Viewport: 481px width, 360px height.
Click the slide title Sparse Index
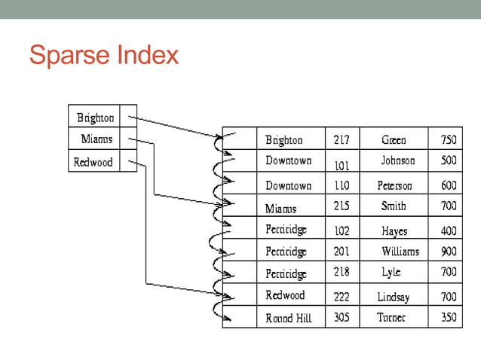(104, 55)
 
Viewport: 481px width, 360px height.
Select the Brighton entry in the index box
(96, 117)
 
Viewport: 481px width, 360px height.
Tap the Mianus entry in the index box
(97, 139)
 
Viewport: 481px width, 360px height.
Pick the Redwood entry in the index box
(93, 162)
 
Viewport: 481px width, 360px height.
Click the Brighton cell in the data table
(284, 140)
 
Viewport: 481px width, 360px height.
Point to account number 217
(342, 140)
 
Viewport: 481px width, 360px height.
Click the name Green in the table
(394, 140)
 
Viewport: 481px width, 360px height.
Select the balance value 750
(448, 140)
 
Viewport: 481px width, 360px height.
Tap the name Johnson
(397, 160)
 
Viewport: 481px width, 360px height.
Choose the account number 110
(342, 185)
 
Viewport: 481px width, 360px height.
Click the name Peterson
(394, 185)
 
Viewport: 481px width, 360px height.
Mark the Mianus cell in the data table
(281, 208)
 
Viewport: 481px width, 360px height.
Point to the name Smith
(394, 206)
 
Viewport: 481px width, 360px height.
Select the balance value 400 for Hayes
(448, 231)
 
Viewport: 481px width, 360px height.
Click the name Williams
(400, 252)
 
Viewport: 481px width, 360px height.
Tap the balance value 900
(448, 252)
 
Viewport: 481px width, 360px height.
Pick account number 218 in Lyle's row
(342, 272)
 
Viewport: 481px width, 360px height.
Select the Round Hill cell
(289, 319)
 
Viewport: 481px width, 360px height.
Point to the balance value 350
(448, 318)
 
